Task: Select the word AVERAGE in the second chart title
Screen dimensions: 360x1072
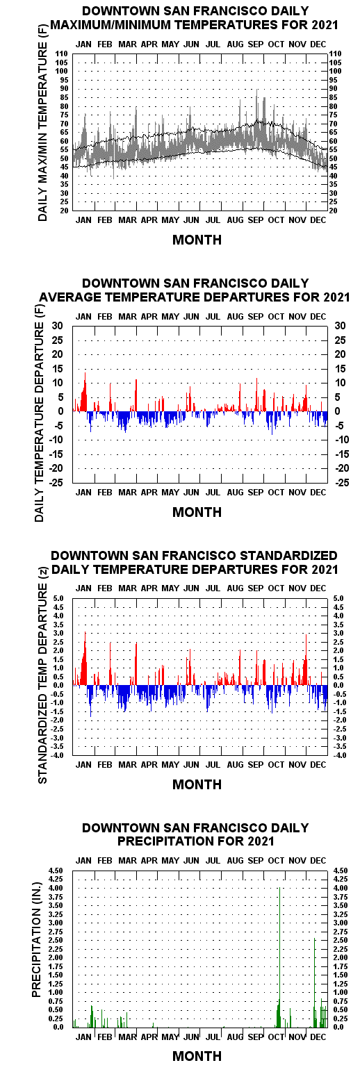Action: coord(71,297)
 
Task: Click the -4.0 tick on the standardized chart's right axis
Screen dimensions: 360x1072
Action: coord(338,755)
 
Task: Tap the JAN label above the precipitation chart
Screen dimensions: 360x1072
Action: coord(83,860)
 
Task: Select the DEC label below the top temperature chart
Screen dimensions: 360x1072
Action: coord(318,220)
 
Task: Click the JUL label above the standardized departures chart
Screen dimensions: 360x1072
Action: coord(213,588)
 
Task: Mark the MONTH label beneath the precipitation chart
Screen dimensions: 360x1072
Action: coord(197,1056)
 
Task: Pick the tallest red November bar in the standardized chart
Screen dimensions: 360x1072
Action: coord(306,659)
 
